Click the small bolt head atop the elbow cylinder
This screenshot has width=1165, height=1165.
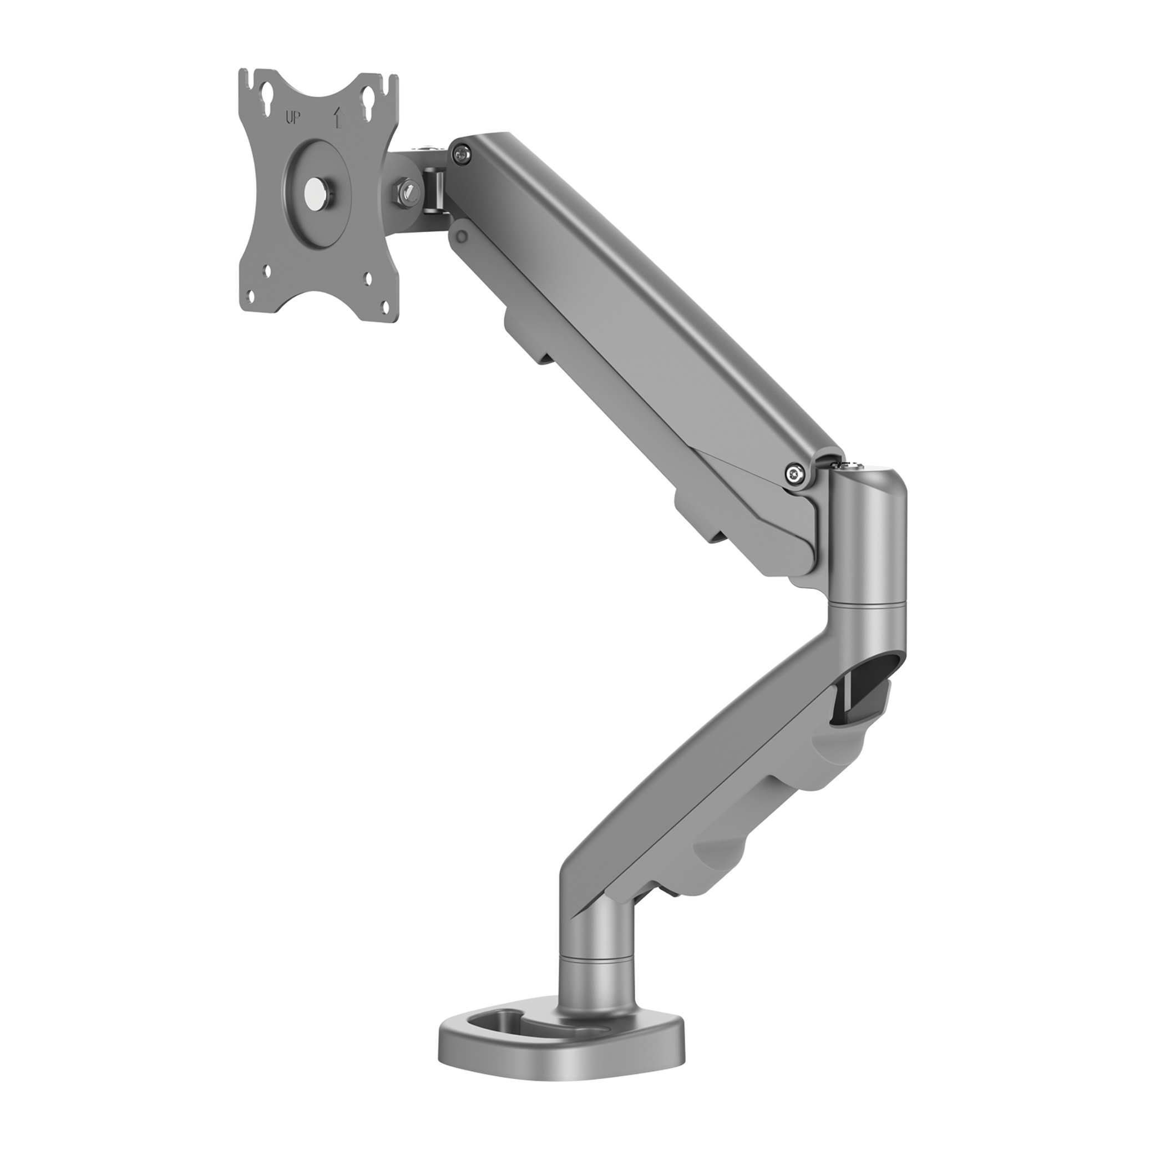852,464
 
